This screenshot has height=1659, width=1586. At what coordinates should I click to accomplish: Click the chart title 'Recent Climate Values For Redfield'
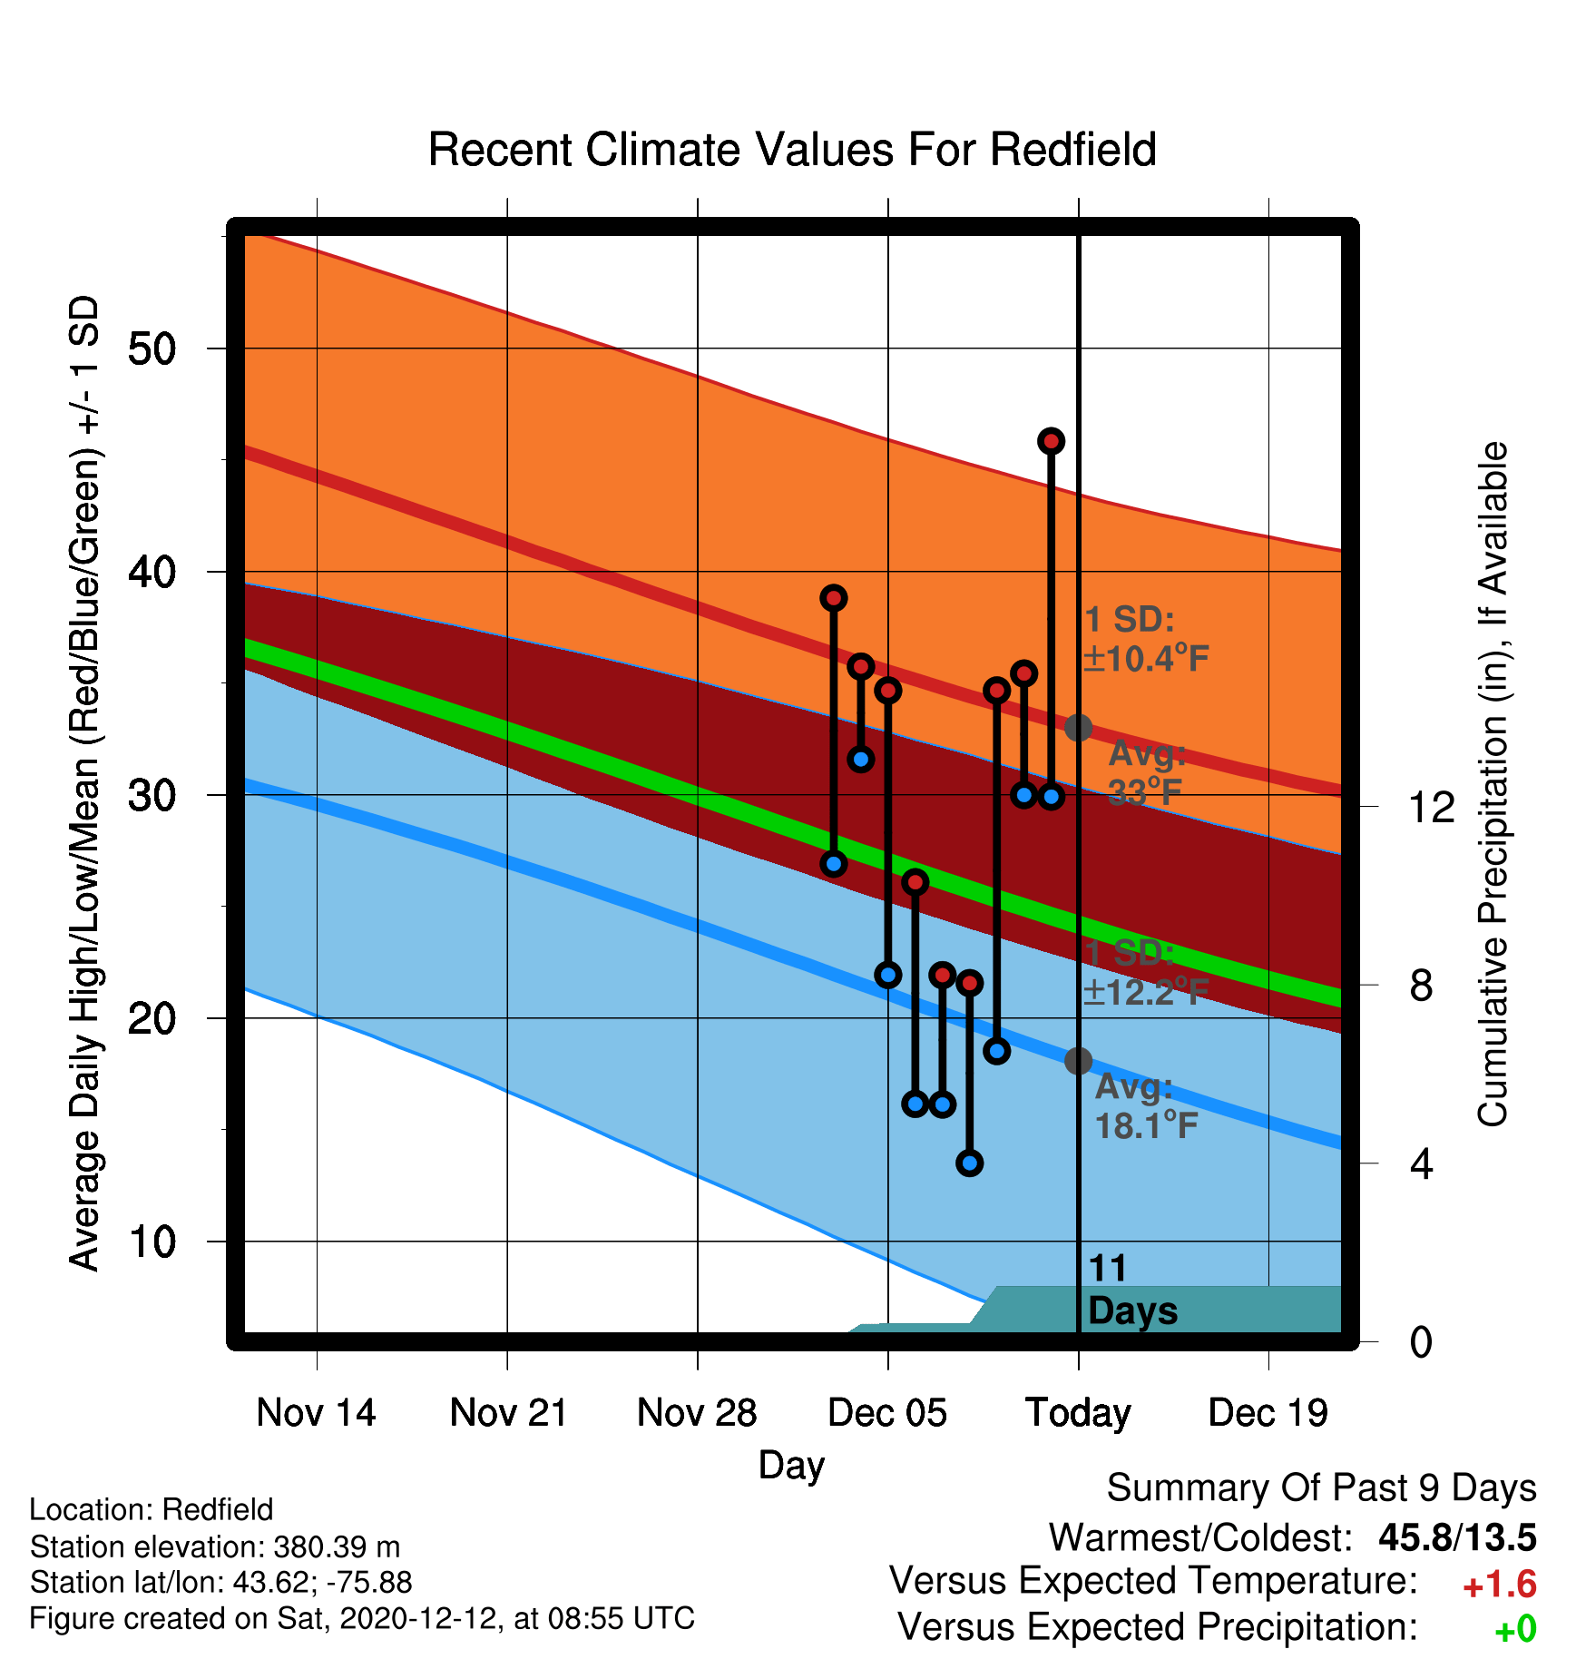(792, 150)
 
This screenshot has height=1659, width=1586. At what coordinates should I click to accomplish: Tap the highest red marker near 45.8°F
(1051, 441)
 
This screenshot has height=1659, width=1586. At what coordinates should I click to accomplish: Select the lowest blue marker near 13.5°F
(970, 1163)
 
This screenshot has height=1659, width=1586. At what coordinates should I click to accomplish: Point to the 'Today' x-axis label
(1078, 1413)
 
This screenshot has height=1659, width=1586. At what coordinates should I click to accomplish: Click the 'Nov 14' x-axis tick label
(316, 1413)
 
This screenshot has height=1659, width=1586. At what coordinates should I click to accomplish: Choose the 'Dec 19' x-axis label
(1268, 1413)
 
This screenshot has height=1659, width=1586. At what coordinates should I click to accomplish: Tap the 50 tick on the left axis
(152, 348)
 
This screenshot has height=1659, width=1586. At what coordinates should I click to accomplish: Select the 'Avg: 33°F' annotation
(1146, 773)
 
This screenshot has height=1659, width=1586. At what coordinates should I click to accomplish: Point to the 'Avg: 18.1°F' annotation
(1146, 1106)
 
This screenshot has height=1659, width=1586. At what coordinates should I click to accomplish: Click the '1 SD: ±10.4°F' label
(1146, 639)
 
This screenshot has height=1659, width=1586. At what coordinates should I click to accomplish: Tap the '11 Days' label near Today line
(1131, 1290)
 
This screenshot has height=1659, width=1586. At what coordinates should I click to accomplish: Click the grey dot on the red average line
(1078, 727)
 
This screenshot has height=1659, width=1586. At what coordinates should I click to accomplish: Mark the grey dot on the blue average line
(1078, 1060)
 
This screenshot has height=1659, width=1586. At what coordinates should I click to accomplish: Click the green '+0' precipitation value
(1515, 1630)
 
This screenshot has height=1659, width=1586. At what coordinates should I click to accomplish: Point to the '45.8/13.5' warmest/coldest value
(1457, 1537)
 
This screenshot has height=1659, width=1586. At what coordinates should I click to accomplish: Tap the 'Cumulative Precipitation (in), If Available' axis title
(1493, 784)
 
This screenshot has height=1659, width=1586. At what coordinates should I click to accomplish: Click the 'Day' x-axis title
(792, 1466)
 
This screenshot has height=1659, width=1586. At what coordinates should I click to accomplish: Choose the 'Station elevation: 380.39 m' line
(215, 1546)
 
